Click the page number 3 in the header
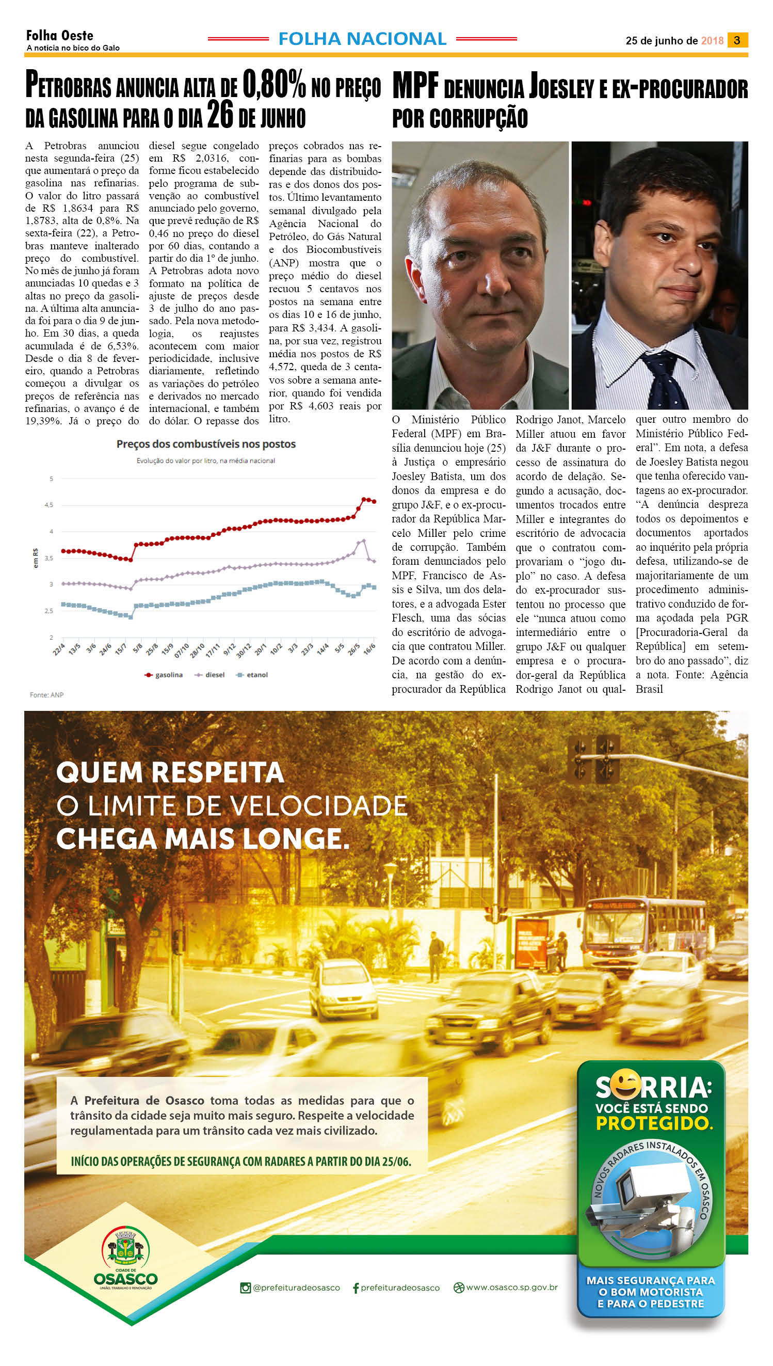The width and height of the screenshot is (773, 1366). [x=737, y=40]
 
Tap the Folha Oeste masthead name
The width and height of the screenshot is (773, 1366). [x=59, y=36]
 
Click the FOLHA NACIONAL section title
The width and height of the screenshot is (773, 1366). [x=362, y=39]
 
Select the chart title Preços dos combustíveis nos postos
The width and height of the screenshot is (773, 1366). [x=206, y=444]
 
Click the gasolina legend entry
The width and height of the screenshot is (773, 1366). [x=164, y=675]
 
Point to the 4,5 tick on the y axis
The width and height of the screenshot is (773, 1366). [x=49, y=505]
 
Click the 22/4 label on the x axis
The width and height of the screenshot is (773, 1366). [x=59, y=649]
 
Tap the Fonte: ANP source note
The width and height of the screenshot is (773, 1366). [x=47, y=695]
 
